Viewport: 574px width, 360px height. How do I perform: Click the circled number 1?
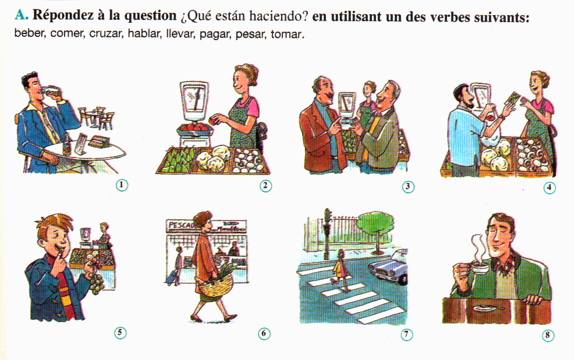click(122, 185)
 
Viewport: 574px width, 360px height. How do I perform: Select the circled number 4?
click(549, 187)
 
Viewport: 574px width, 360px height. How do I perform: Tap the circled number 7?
click(407, 334)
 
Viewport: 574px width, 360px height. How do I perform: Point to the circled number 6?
click(264, 334)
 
